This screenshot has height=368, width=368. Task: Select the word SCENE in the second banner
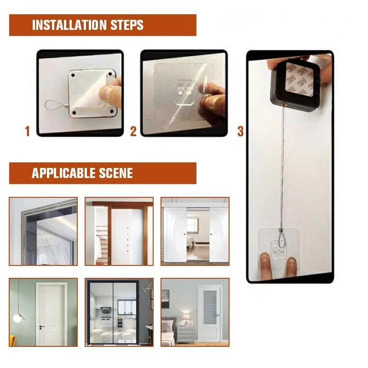coord(116,173)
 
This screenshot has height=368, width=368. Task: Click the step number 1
coord(27,132)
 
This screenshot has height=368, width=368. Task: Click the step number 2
coord(133,132)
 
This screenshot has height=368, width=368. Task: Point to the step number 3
coord(240,132)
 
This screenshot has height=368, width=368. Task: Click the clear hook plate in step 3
coord(276,248)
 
